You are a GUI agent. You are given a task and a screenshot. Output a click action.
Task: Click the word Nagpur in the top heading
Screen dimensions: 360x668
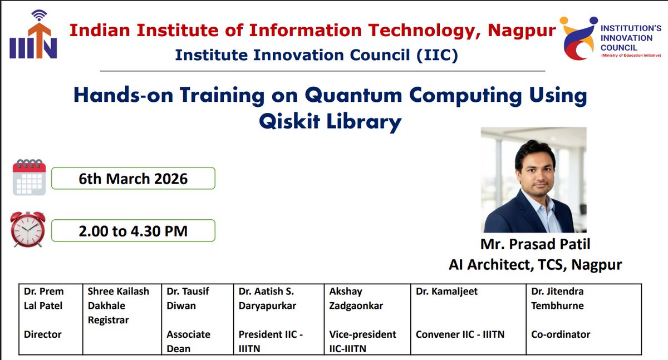522,31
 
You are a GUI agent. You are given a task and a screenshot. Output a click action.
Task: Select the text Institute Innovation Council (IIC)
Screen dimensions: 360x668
316,55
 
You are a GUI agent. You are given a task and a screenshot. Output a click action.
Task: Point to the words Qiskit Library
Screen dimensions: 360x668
330,121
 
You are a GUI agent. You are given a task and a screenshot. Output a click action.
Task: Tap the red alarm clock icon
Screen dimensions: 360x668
28,229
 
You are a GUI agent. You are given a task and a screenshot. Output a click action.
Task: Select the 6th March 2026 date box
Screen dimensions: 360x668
133,179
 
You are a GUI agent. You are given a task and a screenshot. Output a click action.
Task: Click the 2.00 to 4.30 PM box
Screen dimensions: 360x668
133,230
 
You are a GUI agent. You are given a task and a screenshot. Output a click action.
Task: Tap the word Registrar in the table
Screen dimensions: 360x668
108,320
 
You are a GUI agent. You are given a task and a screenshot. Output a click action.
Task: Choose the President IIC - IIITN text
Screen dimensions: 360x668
271,341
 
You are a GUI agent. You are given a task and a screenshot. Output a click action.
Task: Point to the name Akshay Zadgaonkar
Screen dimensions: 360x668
356,298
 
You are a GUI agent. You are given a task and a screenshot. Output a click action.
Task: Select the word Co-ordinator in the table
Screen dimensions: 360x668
561,334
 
